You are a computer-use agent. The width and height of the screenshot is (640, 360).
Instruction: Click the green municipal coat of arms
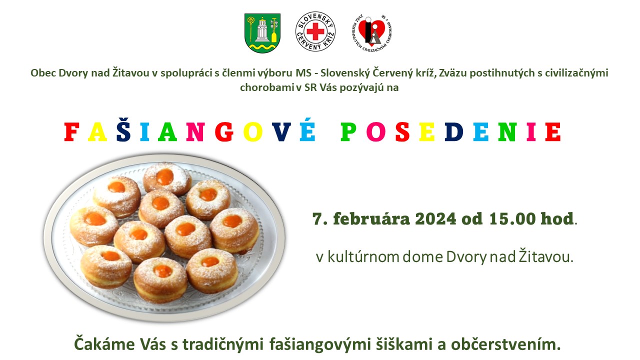(262, 33)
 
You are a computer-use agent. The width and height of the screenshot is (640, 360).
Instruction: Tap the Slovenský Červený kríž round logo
(315, 31)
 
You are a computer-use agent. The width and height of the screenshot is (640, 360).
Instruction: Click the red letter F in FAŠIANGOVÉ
(71, 132)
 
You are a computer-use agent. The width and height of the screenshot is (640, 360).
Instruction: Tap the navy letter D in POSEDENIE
(454, 132)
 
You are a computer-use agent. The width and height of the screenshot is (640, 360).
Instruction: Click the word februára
(371, 219)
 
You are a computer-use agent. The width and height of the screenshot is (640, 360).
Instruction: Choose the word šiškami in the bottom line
(403, 344)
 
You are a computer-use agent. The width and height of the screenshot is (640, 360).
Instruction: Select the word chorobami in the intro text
(267, 87)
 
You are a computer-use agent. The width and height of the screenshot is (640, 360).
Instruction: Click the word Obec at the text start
(43, 73)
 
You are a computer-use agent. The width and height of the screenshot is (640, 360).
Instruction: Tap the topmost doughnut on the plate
(167, 178)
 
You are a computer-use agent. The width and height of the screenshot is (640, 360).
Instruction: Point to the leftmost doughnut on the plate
(94, 225)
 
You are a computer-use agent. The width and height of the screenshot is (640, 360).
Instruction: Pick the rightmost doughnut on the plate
(234, 230)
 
